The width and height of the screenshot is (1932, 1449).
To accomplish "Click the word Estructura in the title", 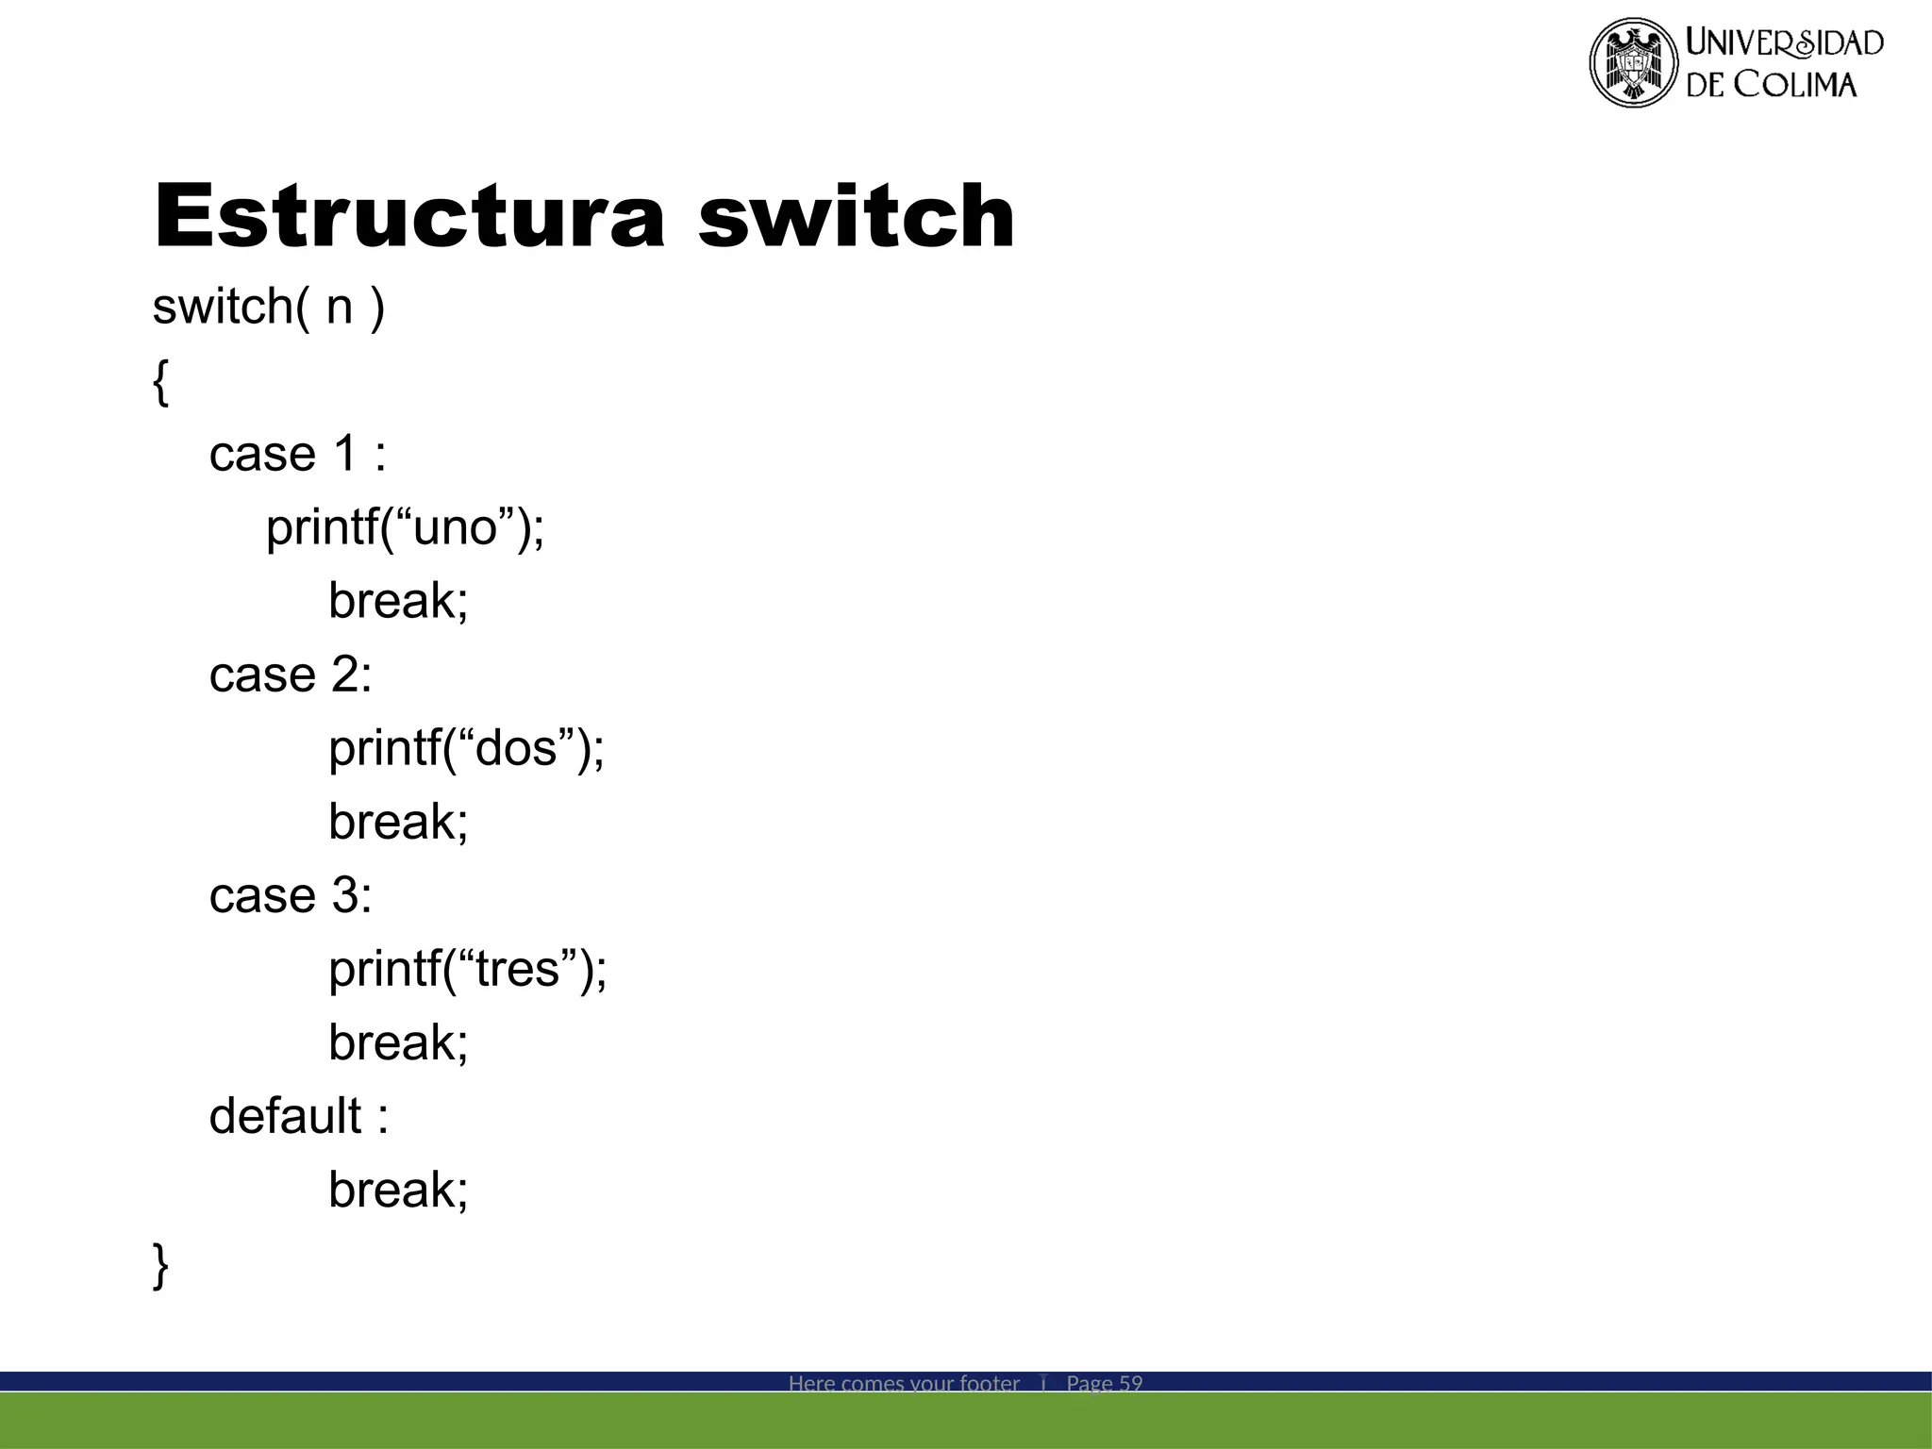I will coord(409,217).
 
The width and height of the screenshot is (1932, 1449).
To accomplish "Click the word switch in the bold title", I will coord(856,217).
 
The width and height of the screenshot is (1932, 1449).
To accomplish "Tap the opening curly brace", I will coord(161,382).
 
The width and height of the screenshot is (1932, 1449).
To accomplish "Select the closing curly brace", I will coord(161,1264).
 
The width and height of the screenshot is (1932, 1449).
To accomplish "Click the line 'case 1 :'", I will coord(297,455).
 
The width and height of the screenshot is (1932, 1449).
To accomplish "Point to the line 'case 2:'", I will coord(291,675).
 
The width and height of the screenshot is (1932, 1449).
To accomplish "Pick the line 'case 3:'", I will coord(291,896).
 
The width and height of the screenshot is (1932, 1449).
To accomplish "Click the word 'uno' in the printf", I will coord(455,528).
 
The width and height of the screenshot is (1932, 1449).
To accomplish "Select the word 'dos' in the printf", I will coord(516,749).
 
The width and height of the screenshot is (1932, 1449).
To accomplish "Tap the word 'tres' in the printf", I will coord(518,970).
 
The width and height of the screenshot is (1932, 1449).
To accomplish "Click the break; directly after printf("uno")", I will coord(398,602).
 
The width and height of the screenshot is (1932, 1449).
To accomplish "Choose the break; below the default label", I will coord(398,1191).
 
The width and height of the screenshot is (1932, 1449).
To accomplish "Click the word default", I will coord(285,1117).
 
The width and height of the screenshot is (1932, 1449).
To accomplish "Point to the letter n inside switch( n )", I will coord(339,308).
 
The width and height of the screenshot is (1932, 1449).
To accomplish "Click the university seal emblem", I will coord(1633,62).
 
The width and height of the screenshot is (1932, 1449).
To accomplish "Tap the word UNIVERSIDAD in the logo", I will coord(1785,42).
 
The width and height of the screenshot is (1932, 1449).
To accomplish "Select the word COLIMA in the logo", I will coord(1795,85).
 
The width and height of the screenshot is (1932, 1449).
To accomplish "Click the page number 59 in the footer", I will coord(1130,1383).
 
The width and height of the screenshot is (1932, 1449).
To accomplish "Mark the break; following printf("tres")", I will coord(398,1043).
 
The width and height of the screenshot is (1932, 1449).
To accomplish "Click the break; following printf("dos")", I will coord(398,823).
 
